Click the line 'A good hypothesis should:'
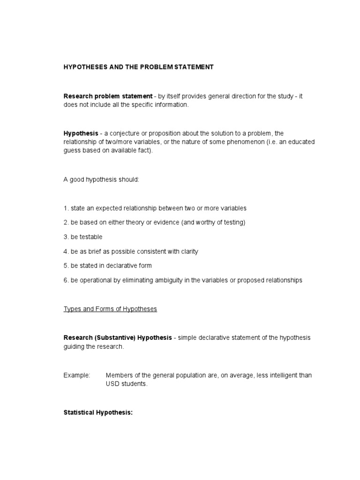click(x=101, y=180)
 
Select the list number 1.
click(x=66, y=208)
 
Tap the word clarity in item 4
click(x=188, y=252)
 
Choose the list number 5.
click(x=66, y=266)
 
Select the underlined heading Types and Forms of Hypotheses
click(x=110, y=309)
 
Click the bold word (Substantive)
click(x=115, y=338)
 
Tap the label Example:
click(x=77, y=375)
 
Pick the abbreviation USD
click(x=113, y=384)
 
